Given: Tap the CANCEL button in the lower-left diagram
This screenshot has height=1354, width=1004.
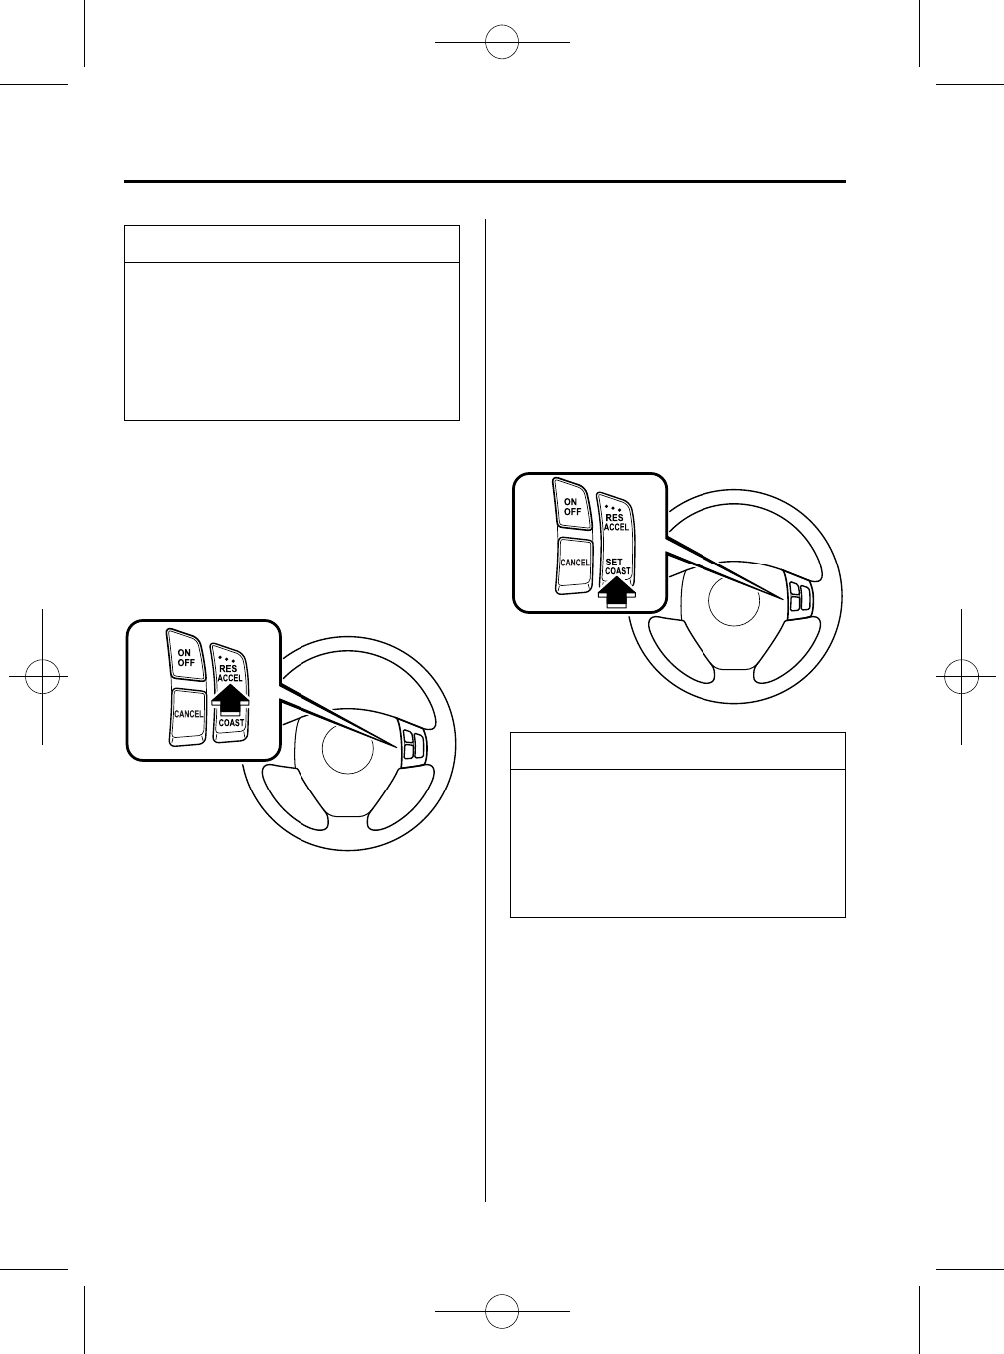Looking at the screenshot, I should pyautogui.click(x=186, y=713).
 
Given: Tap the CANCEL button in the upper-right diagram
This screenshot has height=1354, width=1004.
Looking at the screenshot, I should pyautogui.click(x=574, y=563).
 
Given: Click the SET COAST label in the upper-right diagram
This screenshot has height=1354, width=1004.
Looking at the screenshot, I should pyautogui.click(x=617, y=566).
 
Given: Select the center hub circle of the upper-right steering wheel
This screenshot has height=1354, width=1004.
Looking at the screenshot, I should pyautogui.click(x=732, y=604).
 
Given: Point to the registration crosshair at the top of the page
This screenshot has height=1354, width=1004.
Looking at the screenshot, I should pyautogui.click(x=502, y=43).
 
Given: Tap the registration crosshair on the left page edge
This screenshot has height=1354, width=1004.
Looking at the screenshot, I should pyautogui.click(x=43, y=677).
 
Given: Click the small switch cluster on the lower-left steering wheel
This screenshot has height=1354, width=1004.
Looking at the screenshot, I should pyautogui.click(x=414, y=745).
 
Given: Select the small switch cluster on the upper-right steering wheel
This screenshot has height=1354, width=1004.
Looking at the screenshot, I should pyautogui.click(x=800, y=598).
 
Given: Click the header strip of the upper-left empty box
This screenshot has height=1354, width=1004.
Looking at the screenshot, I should pyautogui.click(x=292, y=244).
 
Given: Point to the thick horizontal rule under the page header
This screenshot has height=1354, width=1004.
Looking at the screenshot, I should pyautogui.click(x=485, y=182).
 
